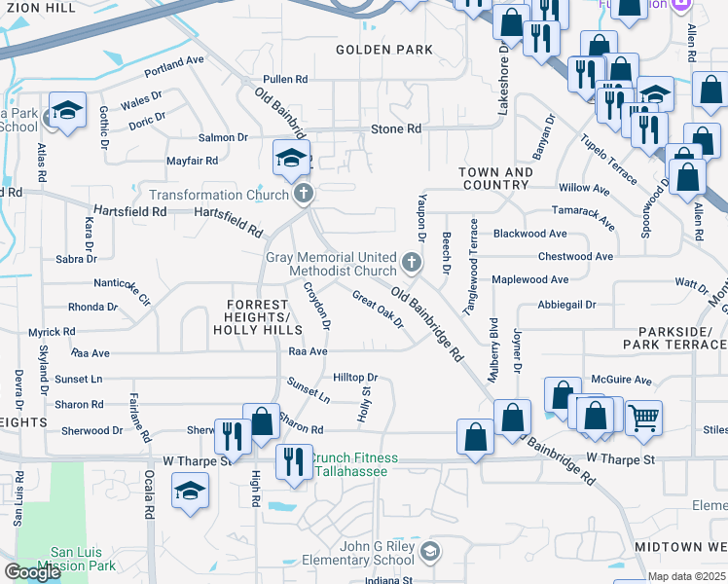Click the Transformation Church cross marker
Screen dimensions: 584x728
click(x=304, y=194)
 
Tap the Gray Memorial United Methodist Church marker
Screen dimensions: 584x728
click(x=412, y=262)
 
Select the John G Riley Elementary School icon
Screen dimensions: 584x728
click(x=430, y=553)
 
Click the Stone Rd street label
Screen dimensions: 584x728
click(x=396, y=128)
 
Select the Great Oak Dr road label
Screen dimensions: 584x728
click(x=378, y=310)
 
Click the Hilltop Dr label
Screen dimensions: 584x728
click(x=354, y=377)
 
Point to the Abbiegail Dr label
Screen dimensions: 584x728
click(x=565, y=304)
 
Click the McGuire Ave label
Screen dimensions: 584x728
click(x=621, y=381)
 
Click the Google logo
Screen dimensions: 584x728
click(x=33, y=571)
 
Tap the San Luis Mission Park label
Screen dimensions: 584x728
click(x=76, y=558)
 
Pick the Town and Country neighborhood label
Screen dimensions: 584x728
click(x=496, y=178)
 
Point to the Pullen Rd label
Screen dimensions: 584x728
click(x=284, y=79)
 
